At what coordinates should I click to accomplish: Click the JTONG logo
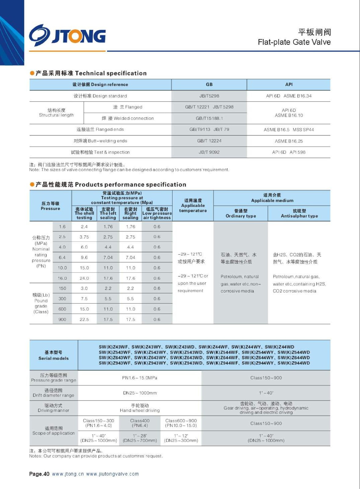coord(67,35)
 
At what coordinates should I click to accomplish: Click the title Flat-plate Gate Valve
coord(294,42)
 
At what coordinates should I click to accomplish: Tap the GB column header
coord(209,84)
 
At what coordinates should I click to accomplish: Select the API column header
coord(289,84)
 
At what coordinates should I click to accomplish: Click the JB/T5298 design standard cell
coord(209,96)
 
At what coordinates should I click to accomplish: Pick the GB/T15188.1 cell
coord(209,118)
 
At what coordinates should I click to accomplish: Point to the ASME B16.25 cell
coord(289,141)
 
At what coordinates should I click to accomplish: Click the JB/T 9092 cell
coord(209,152)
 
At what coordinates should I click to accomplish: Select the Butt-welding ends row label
coord(100,141)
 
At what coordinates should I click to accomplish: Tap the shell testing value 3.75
coord(84,237)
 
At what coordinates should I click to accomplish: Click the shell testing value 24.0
coord(84,278)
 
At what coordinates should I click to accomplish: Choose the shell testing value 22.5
coord(84,319)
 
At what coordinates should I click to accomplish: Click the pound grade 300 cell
coord(62,299)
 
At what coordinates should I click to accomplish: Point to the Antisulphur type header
coord(299,213)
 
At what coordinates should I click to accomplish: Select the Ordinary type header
coord(241,213)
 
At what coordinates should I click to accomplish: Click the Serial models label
coord(53,355)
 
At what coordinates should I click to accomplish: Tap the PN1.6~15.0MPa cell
coord(140,378)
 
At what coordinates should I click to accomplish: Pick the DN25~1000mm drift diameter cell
coord(140,393)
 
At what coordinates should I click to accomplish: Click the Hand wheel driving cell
coord(140,408)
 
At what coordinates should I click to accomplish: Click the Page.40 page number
coord(39,474)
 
